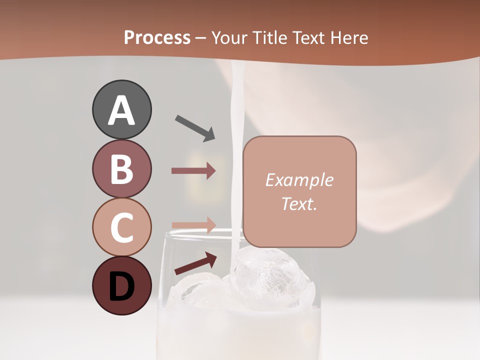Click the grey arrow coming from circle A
pos(195,128)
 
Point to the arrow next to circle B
pos(193,171)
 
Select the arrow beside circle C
pos(193,224)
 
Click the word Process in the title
pos(157,37)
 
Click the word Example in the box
pos(299,180)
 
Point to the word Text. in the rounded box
pos(299,204)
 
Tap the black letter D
pos(121,286)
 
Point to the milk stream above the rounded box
pos(235,100)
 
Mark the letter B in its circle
pos(121,169)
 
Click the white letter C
pos(121,228)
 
